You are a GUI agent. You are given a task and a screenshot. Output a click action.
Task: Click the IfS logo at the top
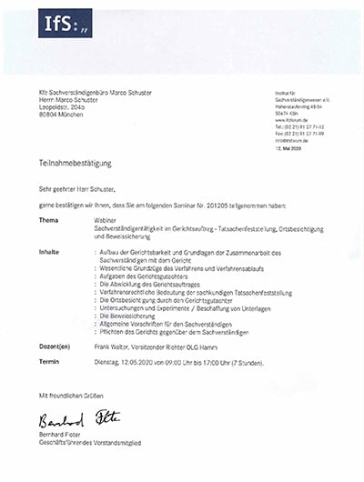click(x=64, y=25)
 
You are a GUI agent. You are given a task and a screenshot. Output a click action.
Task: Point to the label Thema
click(x=48, y=219)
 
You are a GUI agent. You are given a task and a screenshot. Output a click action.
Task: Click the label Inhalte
click(x=49, y=250)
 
